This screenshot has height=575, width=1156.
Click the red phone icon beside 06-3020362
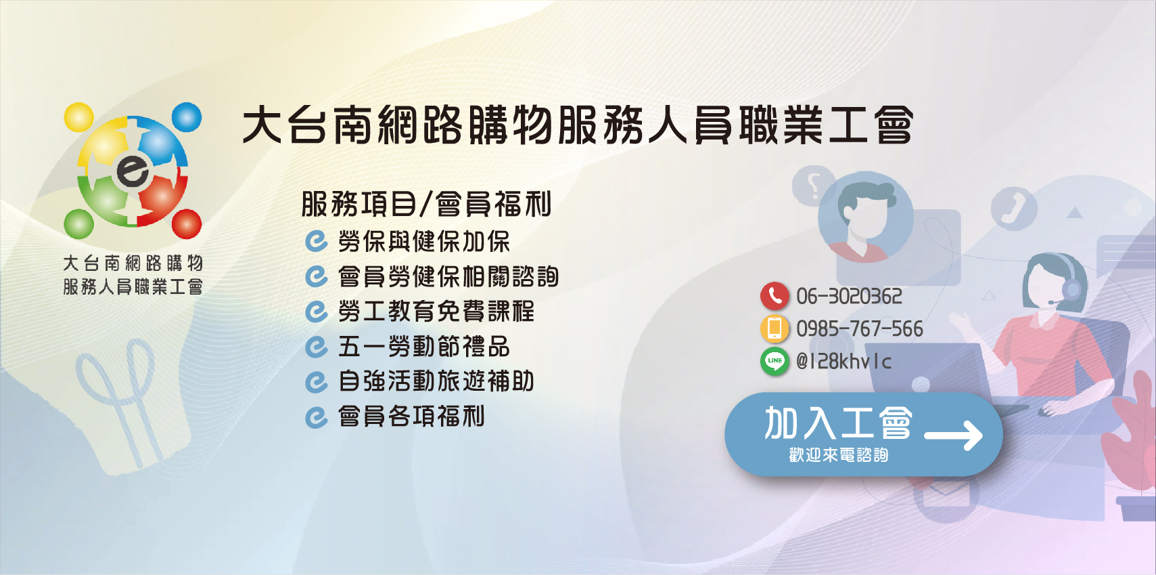[x=774, y=296]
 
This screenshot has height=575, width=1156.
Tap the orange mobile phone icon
[x=774, y=328]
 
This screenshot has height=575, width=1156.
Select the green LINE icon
[x=774, y=361]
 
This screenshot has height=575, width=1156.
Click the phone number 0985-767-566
[x=859, y=329]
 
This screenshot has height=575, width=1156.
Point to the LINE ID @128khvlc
[x=843, y=362]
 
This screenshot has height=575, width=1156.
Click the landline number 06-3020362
[x=849, y=297]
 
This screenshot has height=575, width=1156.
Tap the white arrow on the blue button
[x=954, y=435]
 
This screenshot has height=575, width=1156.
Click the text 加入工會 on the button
[x=838, y=423]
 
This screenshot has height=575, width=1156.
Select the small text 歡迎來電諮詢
[x=838, y=455]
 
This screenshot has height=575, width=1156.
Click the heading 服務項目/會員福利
[x=426, y=205]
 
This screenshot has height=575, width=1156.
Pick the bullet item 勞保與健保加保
[x=423, y=242]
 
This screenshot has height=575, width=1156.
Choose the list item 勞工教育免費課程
[x=436, y=312]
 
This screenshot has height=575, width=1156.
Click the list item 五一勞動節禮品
[x=423, y=347]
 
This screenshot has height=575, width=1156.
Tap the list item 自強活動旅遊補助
[x=436, y=381]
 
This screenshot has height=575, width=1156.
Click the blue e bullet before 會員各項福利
[x=316, y=417]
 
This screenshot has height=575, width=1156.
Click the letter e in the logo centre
[x=133, y=169]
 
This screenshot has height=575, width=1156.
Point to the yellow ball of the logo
[x=78, y=118]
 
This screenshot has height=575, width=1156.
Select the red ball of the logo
[x=187, y=224]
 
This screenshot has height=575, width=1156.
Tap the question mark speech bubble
[x=814, y=185]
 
